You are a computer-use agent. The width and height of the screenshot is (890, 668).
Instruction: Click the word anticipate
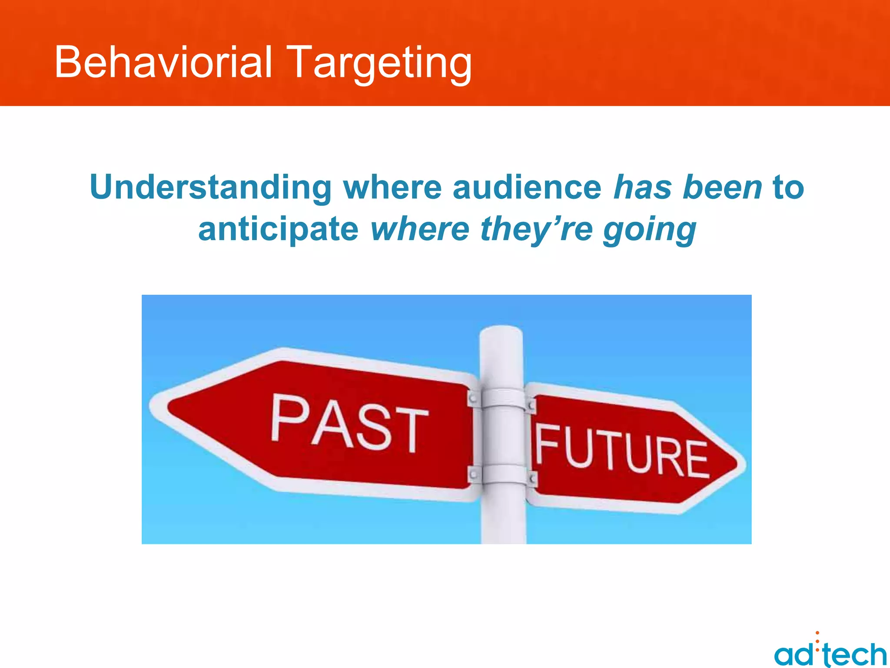coord(278,230)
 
